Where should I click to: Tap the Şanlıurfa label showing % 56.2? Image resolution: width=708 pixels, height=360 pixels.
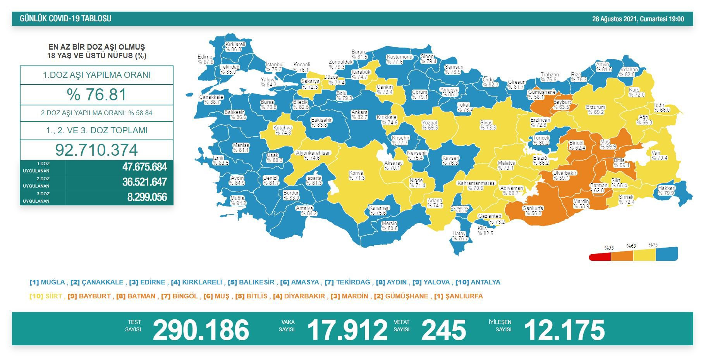[533, 211]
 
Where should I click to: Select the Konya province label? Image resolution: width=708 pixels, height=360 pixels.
[356, 176]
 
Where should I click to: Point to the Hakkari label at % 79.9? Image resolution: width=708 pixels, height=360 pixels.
[666, 191]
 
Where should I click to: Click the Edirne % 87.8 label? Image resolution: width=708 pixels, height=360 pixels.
[206, 59]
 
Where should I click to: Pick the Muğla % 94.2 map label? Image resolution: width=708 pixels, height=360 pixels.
[238, 201]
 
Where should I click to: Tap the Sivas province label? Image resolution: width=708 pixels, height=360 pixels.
[487, 125]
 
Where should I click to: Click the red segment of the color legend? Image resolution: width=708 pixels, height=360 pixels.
[600, 257]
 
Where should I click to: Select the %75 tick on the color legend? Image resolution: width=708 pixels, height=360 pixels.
[653, 245]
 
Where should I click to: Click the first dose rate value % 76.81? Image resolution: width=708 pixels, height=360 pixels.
[96, 95]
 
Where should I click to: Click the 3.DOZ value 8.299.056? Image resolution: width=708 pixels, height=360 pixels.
[147, 197]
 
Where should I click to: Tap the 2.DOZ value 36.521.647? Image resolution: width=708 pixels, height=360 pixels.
[144, 182]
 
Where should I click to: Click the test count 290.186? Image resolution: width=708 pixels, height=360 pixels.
[201, 330]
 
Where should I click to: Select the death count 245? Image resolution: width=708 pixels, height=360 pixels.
[443, 330]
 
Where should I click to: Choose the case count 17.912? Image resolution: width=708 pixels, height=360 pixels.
[347, 330]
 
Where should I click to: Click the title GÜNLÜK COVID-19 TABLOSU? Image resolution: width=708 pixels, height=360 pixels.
[65, 19]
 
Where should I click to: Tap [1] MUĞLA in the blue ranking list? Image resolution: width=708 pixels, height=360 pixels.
[47, 282]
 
